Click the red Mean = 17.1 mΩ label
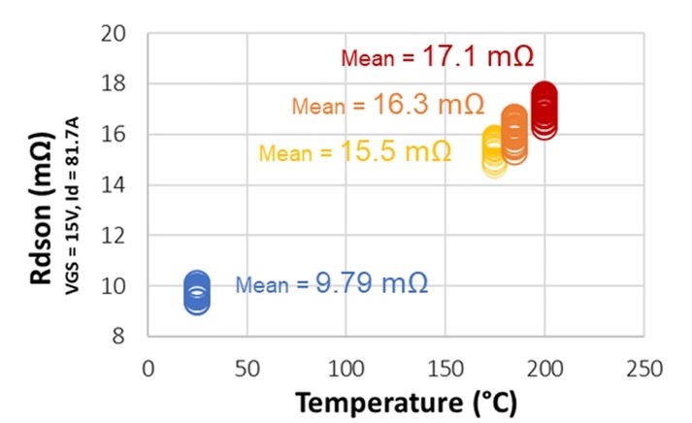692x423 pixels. [x=437, y=56]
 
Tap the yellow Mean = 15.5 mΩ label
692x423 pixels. [x=354, y=152]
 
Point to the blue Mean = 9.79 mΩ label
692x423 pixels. [x=332, y=284]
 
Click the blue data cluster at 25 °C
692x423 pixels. [x=197, y=292]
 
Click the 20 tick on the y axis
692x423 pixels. [x=115, y=35]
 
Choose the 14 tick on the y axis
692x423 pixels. [x=115, y=185]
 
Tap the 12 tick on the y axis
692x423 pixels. [x=115, y=236]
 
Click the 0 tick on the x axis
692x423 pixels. [x=148, y=370]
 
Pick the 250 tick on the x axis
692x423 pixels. [x=643, y=370]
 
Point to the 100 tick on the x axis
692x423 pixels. [x=346, y=370]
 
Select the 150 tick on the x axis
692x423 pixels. [x=445, y=370]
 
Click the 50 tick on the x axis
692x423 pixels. [x=247, y=370]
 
